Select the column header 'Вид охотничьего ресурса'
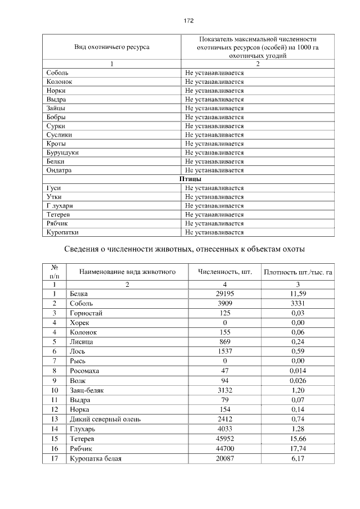112,47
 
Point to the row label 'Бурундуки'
62,152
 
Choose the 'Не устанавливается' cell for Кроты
214,143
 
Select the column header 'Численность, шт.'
224,272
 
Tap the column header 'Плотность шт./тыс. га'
298,272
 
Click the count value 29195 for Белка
224,294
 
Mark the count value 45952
224,438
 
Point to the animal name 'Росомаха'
85,370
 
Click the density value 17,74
298,448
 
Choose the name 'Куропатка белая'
96,458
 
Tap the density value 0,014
298,370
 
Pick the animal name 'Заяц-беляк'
88,389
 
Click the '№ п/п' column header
55,272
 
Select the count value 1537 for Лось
224,351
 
